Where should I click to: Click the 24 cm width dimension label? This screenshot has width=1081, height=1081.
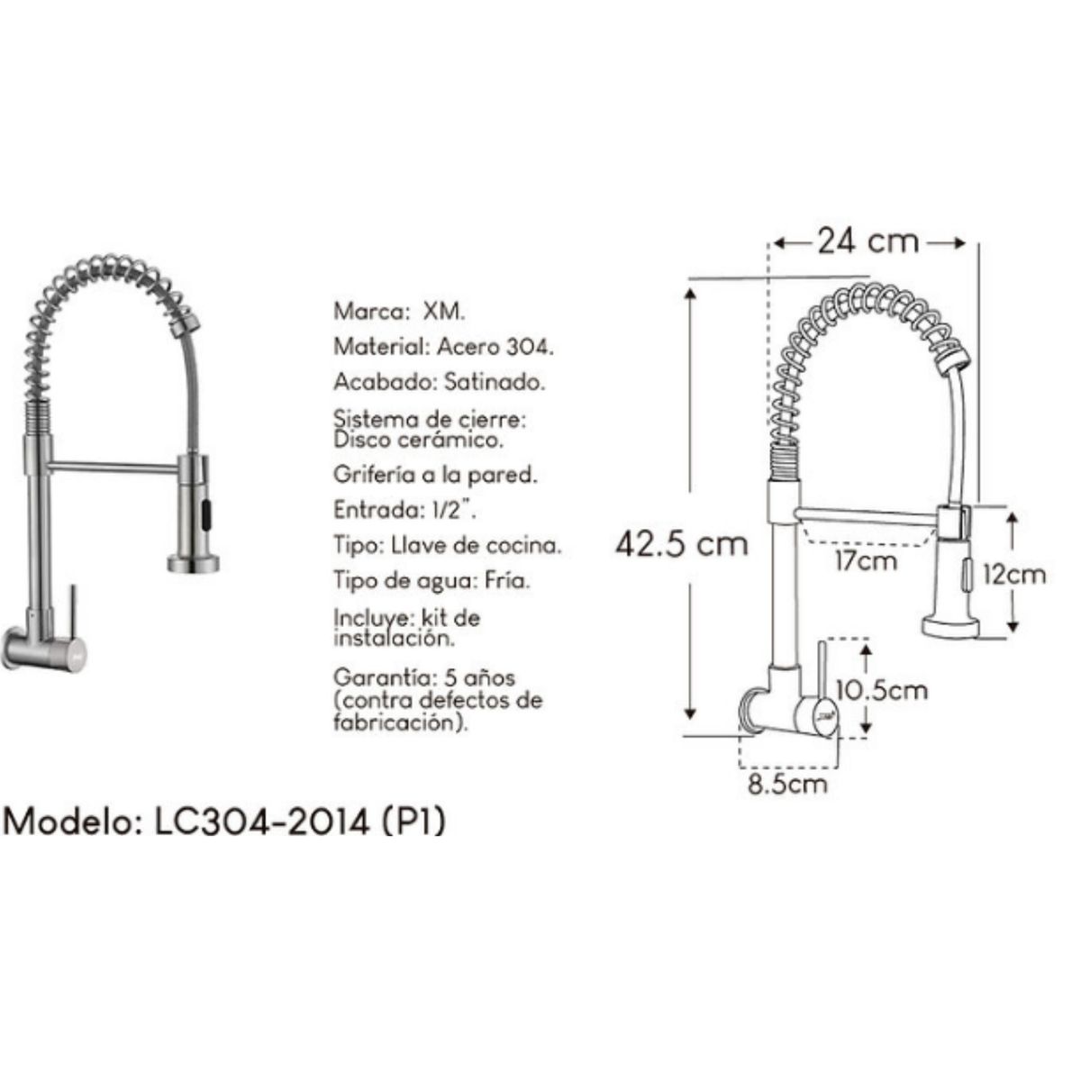coord(868,241)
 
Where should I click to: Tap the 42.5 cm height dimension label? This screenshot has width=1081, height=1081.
coord(682,543)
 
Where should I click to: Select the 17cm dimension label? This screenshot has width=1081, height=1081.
coord(865,560)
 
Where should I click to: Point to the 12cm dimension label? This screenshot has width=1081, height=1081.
coord(1014,574)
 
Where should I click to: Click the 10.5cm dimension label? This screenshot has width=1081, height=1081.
coord(881,690)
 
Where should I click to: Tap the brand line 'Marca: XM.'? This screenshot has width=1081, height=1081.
coord(399,312)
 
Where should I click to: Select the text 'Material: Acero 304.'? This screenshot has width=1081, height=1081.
coord(443,347)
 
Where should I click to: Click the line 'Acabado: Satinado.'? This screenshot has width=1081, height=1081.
coord(439,382)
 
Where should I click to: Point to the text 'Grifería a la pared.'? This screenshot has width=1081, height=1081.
coord(435,474)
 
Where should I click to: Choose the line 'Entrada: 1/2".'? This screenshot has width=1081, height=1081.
coord(404,510)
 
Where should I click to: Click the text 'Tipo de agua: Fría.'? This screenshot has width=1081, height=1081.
coord(431,581)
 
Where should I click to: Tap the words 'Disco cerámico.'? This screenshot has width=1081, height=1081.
coord(418,441)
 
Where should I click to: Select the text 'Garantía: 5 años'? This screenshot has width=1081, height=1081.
coord(424,677)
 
